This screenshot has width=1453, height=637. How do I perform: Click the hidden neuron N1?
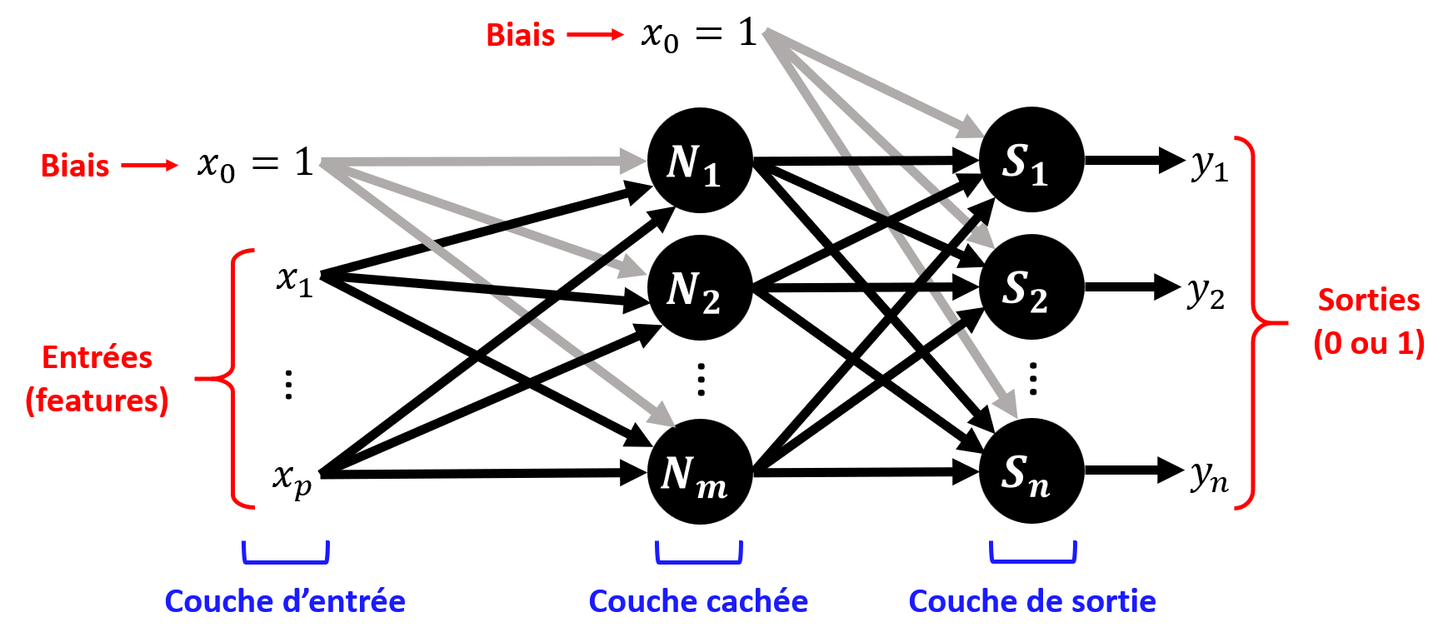click(700, 161)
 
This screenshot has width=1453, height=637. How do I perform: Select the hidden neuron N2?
click(700, 288)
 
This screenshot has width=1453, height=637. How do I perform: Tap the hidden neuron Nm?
click(700, 472)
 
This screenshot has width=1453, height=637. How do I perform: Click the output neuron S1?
click(1031, 160)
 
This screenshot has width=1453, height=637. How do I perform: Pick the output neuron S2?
click(1031, 287)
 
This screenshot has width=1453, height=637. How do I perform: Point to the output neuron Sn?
click(1031, 471)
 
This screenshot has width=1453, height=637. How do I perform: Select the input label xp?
click(292, 478)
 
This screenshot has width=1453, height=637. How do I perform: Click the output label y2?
click(1206, 292)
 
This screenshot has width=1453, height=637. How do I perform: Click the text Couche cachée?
click(698, 601)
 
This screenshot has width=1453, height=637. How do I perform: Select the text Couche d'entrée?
click(285, 601)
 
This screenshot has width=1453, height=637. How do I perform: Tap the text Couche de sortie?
click(1032, 601)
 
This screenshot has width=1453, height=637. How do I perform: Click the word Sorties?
click(1368, 300)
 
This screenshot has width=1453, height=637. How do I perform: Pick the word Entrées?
click(97, 357)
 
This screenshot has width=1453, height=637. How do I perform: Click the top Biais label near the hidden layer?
click(521, 35)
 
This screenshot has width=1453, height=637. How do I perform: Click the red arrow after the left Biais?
click(150, 166)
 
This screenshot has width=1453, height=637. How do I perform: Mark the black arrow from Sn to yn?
click(1133, 470)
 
